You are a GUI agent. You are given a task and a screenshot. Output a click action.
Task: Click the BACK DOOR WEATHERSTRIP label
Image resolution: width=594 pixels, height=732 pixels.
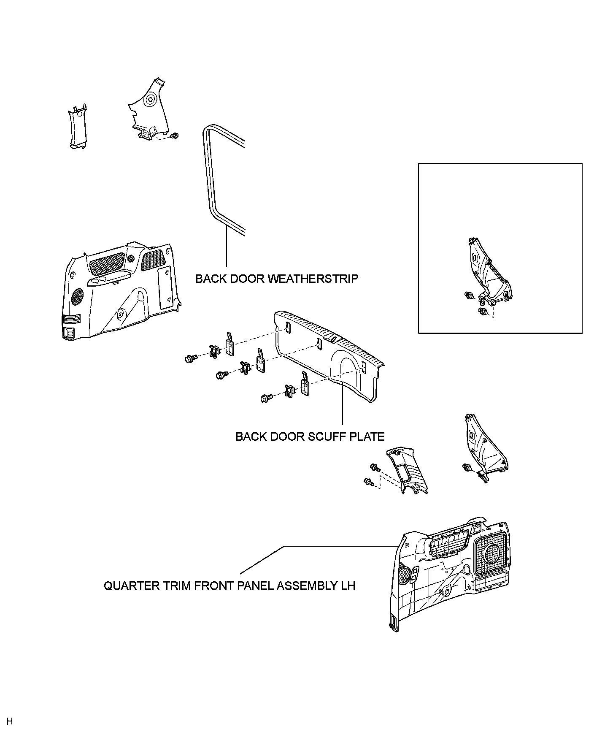(277, 279)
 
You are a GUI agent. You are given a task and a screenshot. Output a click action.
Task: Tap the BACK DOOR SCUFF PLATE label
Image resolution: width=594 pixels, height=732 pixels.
(310, 436)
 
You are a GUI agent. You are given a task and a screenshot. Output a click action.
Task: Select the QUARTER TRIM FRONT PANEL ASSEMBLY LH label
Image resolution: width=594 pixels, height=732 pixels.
(229, 586)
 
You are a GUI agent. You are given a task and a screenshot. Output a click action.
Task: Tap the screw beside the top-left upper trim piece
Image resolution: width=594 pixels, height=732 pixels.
(175, 135)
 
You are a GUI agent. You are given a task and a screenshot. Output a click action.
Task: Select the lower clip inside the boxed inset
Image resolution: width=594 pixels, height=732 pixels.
(482, 312)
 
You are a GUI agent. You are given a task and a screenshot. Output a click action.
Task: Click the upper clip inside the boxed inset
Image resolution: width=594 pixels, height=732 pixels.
(468, 295)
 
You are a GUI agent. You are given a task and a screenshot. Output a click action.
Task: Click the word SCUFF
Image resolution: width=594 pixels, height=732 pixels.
(327, 436)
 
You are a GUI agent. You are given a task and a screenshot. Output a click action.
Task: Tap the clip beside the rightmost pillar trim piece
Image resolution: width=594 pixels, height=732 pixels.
(467, 467)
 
